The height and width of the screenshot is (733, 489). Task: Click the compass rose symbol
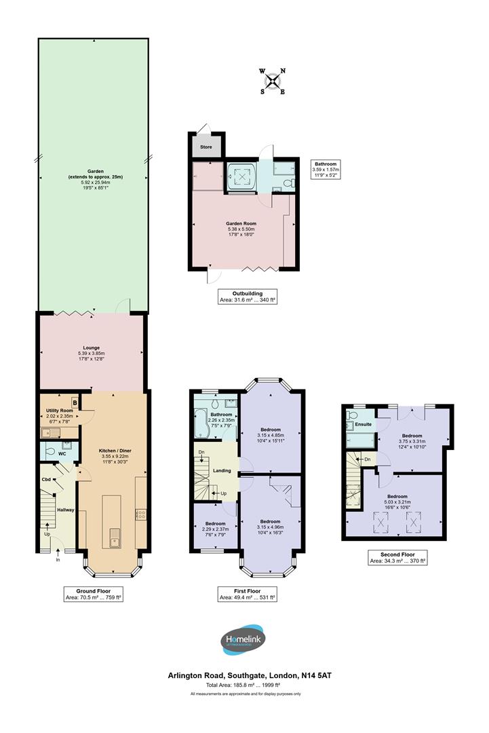pos(273,81)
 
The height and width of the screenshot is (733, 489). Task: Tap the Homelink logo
pos(244,640)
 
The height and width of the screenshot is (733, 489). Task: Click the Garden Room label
pos(241,223)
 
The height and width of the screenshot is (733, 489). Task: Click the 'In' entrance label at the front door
pos(58,560)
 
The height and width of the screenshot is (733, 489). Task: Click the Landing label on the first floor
pos(221,471)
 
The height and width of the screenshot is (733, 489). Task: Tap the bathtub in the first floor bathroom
pos(201,428)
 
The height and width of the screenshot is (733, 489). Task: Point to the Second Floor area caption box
pos(397,557)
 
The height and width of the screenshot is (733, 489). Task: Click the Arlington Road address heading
pos(250,675)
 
